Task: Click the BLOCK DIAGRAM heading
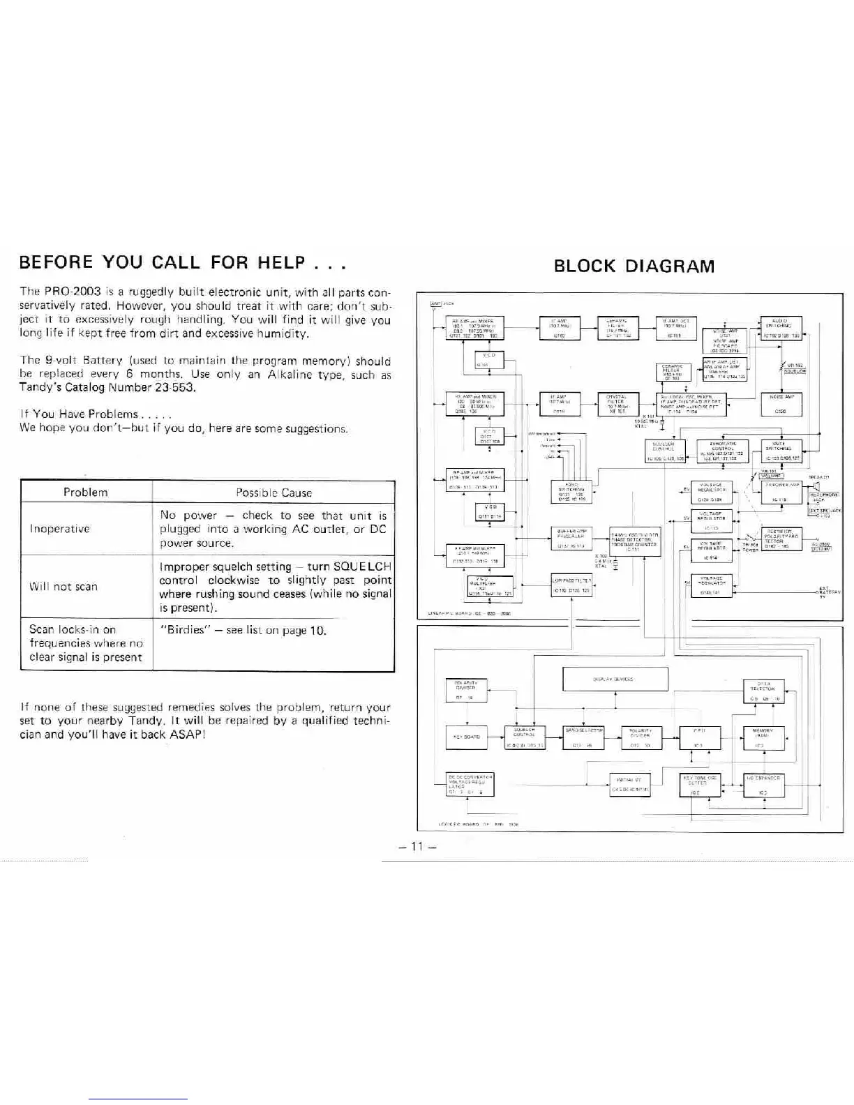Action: coord(634,266)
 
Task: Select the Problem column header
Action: coord(86,492)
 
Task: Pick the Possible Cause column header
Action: coord(274,493)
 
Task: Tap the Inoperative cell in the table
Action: coord(59,529)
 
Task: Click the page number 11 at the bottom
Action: coord(417,846)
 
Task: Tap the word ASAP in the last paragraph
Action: coord(186,735)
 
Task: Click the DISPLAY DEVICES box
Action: coord(615,679)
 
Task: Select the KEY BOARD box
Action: coord(466,737)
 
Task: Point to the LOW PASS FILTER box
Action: coord(571,585)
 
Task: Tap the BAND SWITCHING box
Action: coord(571,492)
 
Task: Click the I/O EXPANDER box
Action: coord(764,785)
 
